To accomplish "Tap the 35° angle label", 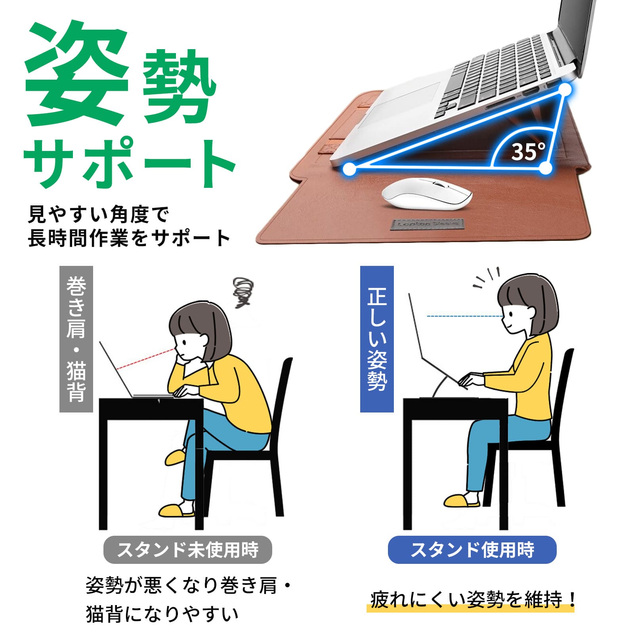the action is (x=528, y=151).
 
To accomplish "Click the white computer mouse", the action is (x=427, y=196).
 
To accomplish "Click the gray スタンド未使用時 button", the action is (x=187, y=550).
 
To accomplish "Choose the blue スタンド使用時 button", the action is (x=472, y=550).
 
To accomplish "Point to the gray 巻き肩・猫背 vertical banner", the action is (x=76, y=339).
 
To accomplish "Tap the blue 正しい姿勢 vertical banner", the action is (x=377, y=339).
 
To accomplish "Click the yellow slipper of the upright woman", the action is (x=462, y=500).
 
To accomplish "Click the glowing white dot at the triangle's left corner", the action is (x=349, y=169).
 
